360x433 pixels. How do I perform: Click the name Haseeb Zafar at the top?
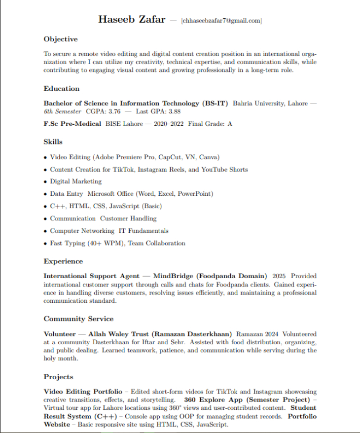131,20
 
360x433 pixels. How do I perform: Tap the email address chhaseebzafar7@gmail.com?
221,21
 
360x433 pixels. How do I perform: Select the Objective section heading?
61,39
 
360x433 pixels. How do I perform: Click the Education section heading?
62,89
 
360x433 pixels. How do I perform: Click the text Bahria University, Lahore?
270,104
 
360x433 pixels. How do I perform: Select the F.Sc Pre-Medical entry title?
72,124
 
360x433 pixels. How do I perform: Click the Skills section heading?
53,142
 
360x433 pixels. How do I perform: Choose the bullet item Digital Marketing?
76,181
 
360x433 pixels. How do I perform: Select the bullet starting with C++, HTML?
106,206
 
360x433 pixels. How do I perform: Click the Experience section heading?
63,261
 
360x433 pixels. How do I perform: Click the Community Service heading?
78,319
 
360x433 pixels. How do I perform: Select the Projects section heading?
58,377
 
